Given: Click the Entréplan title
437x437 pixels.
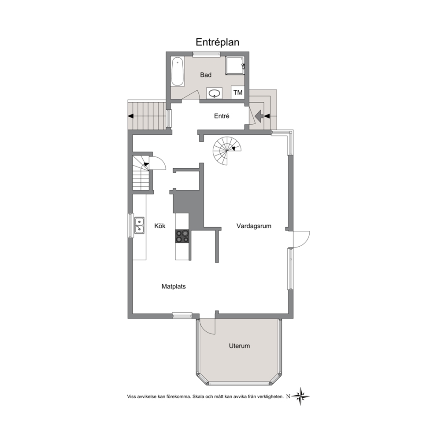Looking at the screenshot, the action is pyautogui.click(x=217, y=42).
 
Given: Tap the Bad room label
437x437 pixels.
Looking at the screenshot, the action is pyautogui.click(x=206, y=75).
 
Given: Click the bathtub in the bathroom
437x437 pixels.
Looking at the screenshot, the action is pyautogui.click(x=178, y=72).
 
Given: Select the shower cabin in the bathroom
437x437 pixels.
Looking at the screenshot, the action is pyautogui.click(x=235, y=66).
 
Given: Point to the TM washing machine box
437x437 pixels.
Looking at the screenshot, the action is pyautogui.click(x=238, y=93).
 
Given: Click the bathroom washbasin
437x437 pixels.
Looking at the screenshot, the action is pyautogui.click(x=215, y=93).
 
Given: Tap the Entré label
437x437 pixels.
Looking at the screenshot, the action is pyautogui.click(x=222, y=116).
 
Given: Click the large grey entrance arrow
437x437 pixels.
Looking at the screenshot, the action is pyautogui.click(x=259, y=116).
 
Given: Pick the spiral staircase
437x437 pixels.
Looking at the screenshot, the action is pyautogui.click(x=227, y=151).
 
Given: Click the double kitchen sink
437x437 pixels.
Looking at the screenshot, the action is pyautogui.click(x=139, y=225).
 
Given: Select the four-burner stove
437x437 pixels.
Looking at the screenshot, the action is pyautogui.click(x=182, y=236).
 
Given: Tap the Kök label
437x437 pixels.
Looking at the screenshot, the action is pyautogui.click(x=160, y=226).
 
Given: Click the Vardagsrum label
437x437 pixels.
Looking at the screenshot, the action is pyautogui.click(x=254, y=226).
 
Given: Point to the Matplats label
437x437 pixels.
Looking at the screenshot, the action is pyautogui.click(x=174, y=286).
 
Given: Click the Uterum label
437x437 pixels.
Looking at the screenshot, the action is pyautogui.click(x=239, y=346).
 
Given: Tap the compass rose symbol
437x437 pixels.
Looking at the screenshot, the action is pyautogui.click(x=300, y=396).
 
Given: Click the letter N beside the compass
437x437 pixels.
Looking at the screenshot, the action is pyautogui.click(x=288, y=396).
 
